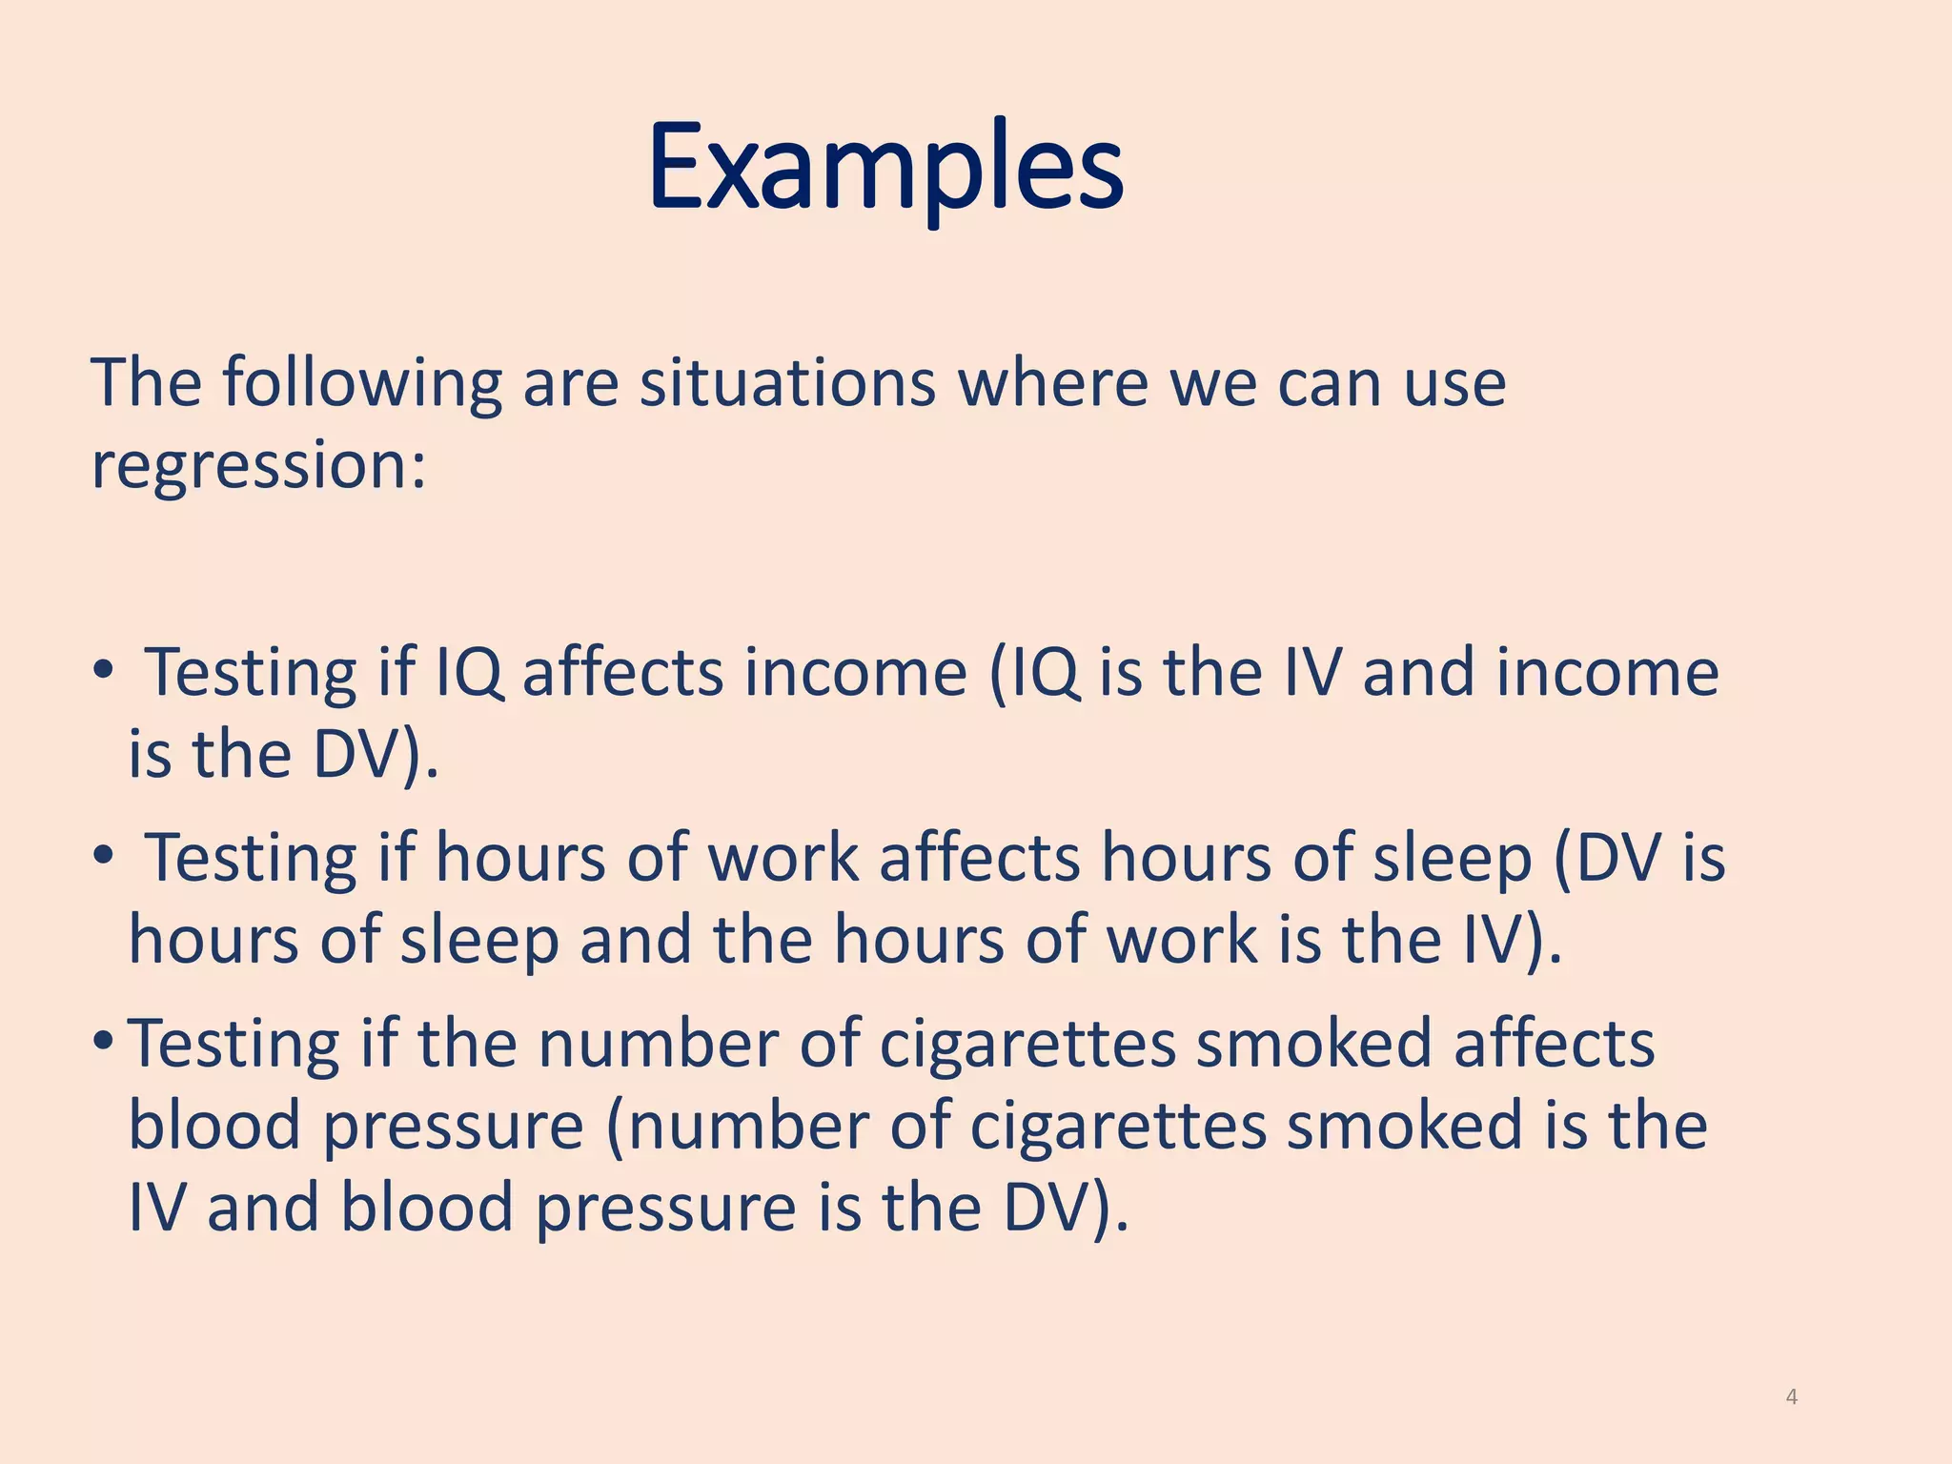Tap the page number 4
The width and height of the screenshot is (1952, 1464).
[1792, 1397]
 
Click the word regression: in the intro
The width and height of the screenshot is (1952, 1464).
[258, 466]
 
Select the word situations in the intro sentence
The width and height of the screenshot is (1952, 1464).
[787, 383]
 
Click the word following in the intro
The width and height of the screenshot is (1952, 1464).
[362, 385]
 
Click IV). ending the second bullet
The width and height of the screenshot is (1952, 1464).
[1512, 940]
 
